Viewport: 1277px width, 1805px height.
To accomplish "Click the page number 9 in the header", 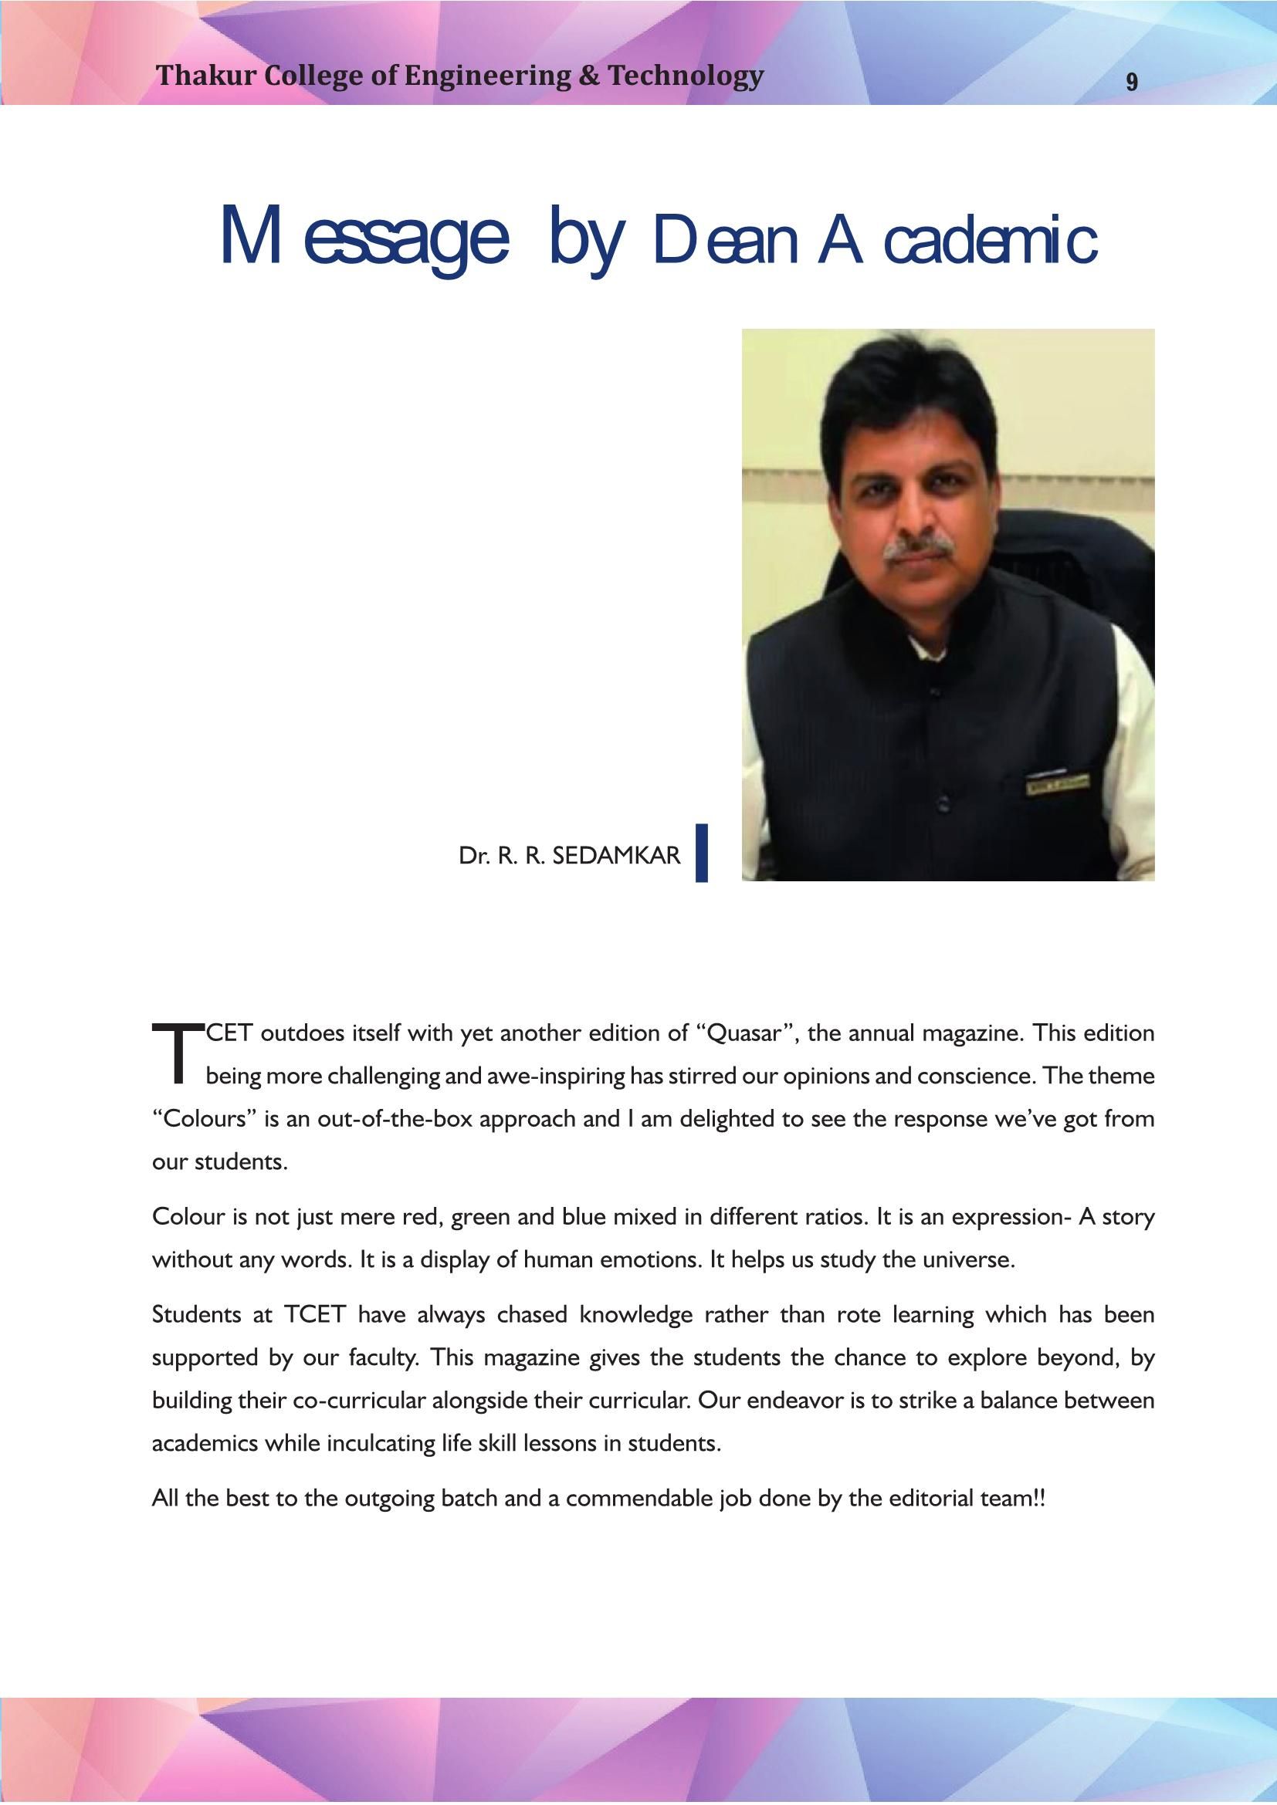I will tap(1132, 82).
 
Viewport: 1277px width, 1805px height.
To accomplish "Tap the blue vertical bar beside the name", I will tap(701, 853).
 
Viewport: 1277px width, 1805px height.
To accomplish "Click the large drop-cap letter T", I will tap(178, 1053).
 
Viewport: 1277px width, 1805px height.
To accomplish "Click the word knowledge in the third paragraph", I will tap(635, 1315).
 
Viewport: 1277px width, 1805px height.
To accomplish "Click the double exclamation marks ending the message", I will tap(1039, 1499).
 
